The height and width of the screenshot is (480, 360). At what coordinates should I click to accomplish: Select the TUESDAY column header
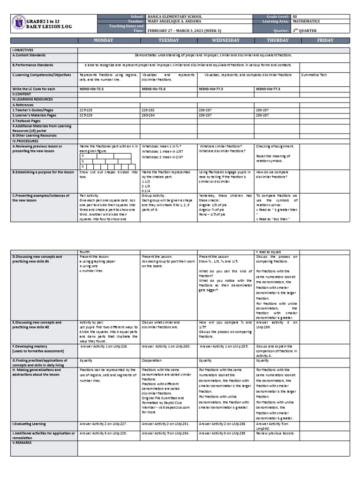tap(168, 41)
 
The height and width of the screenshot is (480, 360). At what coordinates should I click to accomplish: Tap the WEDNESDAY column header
tap(225, 41)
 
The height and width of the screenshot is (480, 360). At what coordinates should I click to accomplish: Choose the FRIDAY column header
tap(325, 41)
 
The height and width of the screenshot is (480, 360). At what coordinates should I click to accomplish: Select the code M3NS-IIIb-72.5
tap(91, 89)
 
